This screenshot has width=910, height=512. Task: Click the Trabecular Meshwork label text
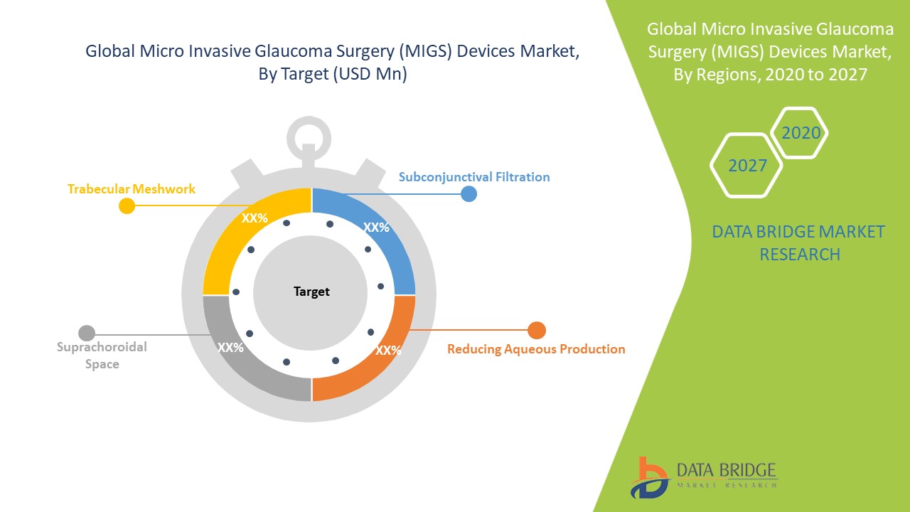coord(132,189)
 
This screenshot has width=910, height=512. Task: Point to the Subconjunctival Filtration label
coord(474,176)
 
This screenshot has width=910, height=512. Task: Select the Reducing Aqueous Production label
coord(536,349)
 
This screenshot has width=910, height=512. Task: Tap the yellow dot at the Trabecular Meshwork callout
coord(127,206)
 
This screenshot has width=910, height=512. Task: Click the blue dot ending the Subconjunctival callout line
coord(469,193)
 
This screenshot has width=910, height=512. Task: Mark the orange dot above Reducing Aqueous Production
coord(537,330)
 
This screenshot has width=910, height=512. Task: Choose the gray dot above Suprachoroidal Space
coord(87,333)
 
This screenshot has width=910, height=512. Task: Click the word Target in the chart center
coord(311,292)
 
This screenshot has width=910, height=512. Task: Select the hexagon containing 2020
coord(801,133)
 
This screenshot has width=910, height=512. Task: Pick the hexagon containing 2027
coord(747,166)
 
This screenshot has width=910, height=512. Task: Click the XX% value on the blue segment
coord(376,228)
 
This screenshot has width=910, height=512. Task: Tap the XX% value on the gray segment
coord(230,348)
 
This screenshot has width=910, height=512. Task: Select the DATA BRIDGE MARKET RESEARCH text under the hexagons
coord(799,242)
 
